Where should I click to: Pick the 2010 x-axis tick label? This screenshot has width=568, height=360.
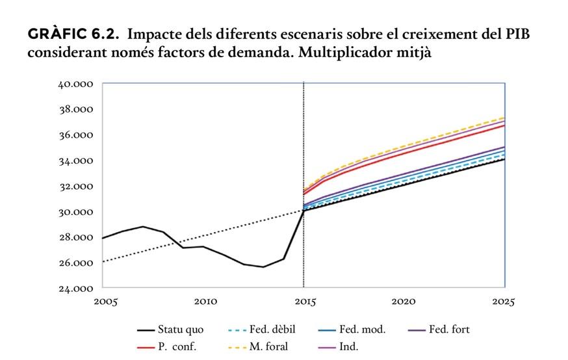tap(205, 302)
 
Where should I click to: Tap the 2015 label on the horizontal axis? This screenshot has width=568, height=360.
tap(304, 302)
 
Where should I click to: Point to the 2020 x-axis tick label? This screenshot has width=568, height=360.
tap(404, 302)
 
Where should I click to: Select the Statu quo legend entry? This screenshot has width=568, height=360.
tap(181, 330)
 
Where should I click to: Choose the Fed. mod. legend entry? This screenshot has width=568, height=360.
tap(362, 330)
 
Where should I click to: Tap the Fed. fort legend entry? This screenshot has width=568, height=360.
tap(449, 330)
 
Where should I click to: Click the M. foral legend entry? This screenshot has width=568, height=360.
tap(268, 347)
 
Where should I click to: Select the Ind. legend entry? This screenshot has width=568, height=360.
tap(348, 347)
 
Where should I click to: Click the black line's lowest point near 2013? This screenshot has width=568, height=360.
tap(263, 267)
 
